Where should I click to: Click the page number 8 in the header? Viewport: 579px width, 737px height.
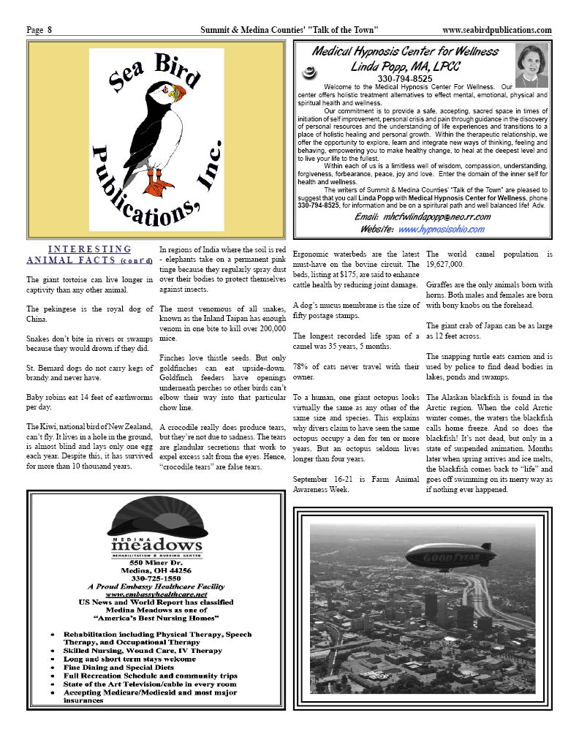pos(50,30)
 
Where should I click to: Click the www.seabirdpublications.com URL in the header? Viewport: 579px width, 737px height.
pos(496,30)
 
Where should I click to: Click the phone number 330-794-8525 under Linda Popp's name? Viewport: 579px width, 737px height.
pos(404,78)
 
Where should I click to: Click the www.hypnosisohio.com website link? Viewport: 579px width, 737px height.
pos(441,229)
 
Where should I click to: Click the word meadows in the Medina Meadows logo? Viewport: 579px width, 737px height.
pos(156,545)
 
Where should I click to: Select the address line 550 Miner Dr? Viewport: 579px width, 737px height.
pos(156,562)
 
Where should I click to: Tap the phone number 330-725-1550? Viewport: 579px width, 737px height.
pos(156,578)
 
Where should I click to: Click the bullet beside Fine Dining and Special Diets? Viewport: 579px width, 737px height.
pos(53,668)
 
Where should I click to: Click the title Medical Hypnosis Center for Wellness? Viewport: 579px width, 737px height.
pos(405,51)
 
